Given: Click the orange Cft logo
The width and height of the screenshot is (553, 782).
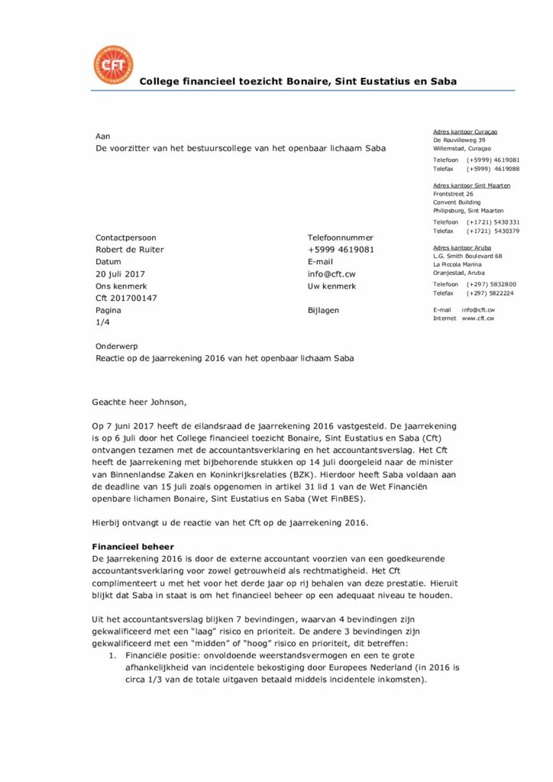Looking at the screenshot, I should [x=112, y=64].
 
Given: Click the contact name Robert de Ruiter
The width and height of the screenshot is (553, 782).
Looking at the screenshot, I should [x=129, y=250].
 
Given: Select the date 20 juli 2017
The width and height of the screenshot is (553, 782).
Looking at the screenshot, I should [x=120, y=274].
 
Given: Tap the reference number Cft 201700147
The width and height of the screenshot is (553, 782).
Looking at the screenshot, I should [x=126, y=299].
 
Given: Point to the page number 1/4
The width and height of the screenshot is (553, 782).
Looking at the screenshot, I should [x=102, y=323].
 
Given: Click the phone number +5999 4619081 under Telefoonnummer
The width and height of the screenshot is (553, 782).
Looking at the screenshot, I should [x=341, y=250].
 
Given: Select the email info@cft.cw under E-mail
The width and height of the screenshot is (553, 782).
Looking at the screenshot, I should [x=331, y=274].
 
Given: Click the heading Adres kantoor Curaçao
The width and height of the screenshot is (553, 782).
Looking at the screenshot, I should [x=466, y=132].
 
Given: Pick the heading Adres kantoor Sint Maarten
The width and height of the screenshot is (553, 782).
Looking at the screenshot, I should [x=471, y=186].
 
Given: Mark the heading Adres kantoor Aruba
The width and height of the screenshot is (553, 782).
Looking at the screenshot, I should [x=461, y=247].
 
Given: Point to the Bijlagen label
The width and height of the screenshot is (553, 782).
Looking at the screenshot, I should [x=323, y=311].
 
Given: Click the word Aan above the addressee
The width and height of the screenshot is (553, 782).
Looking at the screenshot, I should [x=102, y=136].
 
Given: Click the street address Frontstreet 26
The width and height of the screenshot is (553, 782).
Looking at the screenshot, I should [x=453, y=194].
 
